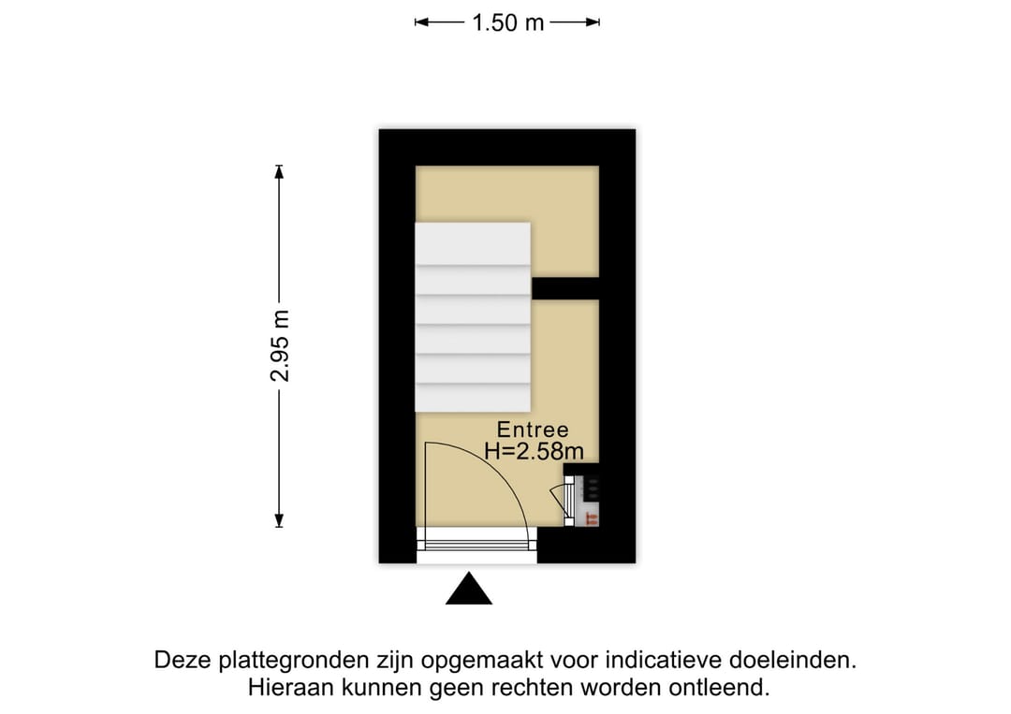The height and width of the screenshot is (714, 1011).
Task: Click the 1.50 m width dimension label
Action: point(508,22)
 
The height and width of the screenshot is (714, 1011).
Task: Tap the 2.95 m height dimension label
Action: point(280,346)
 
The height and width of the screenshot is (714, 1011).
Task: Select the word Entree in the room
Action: point(533,430)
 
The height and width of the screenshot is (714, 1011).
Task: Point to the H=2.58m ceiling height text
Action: point(534,451)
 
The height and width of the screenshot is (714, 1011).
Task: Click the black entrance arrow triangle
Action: point(469,589)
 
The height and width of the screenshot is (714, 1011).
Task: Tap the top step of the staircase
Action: point(473,243)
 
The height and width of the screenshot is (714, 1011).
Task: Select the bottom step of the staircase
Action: point(473,398)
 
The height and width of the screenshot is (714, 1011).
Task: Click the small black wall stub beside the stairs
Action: point(565,288)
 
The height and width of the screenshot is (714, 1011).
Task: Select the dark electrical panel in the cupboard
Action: point(591,488)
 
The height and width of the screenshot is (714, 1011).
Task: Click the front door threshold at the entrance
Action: point(476,546)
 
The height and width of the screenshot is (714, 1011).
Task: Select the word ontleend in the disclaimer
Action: point(719,688)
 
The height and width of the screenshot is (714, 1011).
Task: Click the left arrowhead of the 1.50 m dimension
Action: point(421,22)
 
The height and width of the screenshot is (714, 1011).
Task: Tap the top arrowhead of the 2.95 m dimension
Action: point(279,171)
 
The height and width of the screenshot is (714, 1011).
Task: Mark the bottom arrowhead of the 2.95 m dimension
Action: point(279,520)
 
